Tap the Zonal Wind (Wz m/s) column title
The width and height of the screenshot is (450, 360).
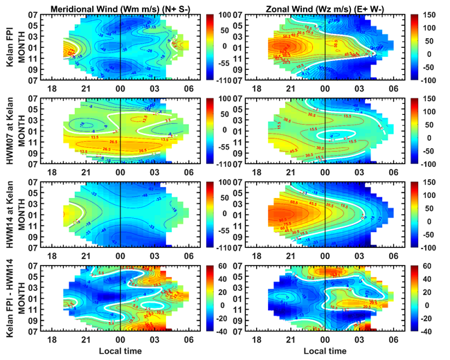(x=325, y=7)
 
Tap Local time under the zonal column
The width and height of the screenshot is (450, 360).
(x=325, y=352)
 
